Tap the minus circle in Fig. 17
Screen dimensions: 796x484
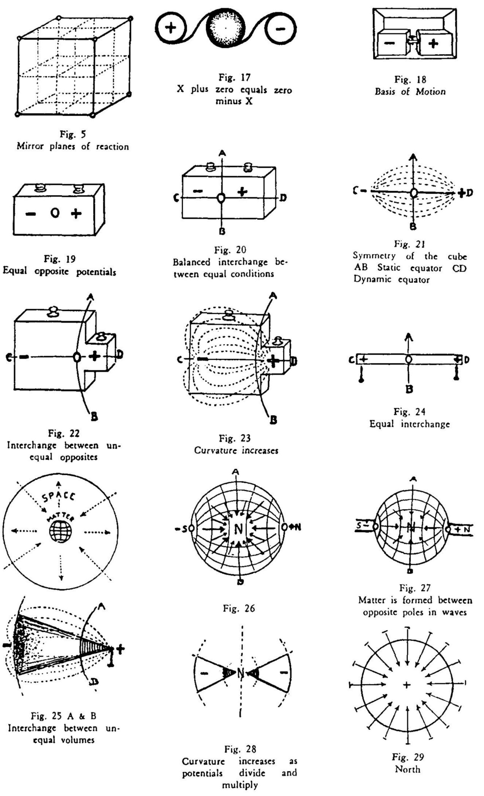pos(281,29)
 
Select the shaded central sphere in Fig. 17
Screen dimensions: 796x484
pos(226,28)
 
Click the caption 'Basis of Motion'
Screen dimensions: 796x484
pos(410,91)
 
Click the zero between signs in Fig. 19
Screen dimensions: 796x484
pos(55,214)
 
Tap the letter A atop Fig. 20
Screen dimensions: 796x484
pos(222,153)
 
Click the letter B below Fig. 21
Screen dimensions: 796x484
pos(413,227)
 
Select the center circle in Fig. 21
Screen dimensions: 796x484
pos(414,193)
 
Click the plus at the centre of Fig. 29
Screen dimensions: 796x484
pos(407,685)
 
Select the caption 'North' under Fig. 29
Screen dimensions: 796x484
pos(407,769)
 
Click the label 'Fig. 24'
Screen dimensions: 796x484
pos(410,412)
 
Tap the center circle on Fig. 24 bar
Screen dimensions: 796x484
pos(408,359)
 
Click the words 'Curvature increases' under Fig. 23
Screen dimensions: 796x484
pos(236,451)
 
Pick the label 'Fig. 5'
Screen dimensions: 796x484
pos(73,134)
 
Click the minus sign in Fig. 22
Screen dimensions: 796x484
pos(24,357)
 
